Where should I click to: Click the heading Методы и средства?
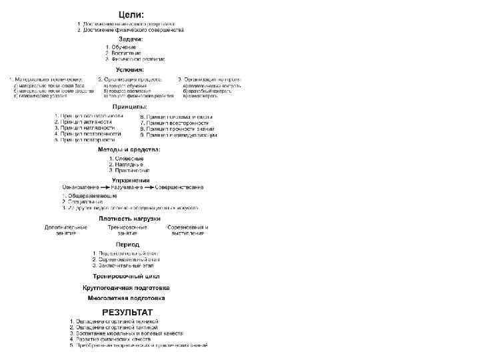[x=129, y=149]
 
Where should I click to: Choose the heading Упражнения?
[x=131, y=180]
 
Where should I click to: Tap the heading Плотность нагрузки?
[x=129, y=218]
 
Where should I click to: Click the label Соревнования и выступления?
[x=187, y=230]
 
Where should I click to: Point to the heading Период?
[x=127, y=245]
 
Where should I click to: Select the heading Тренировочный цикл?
[x=125, y=275]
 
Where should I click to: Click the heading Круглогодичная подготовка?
[x=126, y=287]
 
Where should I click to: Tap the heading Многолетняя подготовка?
[x=126, y=298]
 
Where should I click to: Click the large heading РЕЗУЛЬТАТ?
[x=127, y=312]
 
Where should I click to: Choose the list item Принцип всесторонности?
[x=169, y=123]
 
